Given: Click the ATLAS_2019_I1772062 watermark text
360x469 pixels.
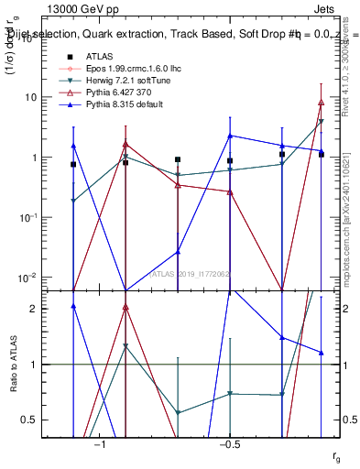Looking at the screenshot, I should coord(190,274).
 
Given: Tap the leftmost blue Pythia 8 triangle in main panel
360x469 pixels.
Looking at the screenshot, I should coord(73,146).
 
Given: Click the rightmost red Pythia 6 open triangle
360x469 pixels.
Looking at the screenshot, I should coord(321,103).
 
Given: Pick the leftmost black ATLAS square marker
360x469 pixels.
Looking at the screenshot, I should coord(73,164).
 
